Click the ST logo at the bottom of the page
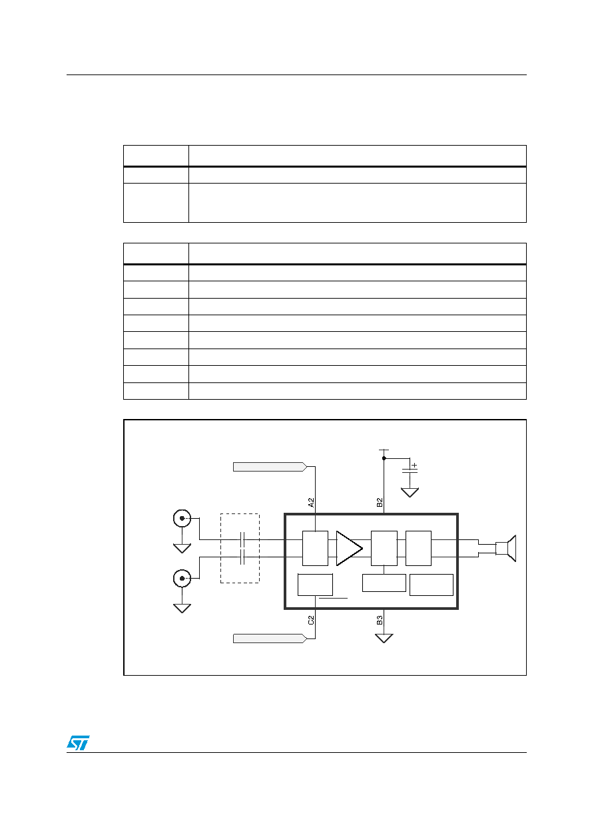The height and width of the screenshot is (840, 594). tap(78, 742)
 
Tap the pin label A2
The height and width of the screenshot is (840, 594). tap(311, 503)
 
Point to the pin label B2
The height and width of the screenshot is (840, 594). tap(380, 503)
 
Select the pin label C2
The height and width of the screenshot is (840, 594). tap(311, 621)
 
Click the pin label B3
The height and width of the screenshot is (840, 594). tap(380, 621)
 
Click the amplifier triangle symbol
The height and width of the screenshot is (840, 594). tap(348, 548)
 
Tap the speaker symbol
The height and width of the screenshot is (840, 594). tap(505, 548)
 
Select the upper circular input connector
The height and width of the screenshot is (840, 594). tap(182, 518)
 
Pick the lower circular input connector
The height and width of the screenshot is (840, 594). tap(182, 578)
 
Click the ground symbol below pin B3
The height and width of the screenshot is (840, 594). tap(384, 638)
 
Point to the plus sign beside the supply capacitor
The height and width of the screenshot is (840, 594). tap(414, 465)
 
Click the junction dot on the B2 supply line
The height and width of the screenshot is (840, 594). tap(384, 458)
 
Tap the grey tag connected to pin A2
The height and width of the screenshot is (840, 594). tap(270, 467)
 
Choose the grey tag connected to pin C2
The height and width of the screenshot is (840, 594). tap(270, 638)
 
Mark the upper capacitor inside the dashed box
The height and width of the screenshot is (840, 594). tap(242, 539)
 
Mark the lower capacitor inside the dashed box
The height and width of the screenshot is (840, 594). tap(242, 557)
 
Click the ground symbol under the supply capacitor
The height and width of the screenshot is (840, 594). tap(410, 492)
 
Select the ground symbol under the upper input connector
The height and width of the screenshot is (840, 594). tap(182, 548)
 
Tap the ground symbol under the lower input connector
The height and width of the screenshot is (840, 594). tap(182, 608)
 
